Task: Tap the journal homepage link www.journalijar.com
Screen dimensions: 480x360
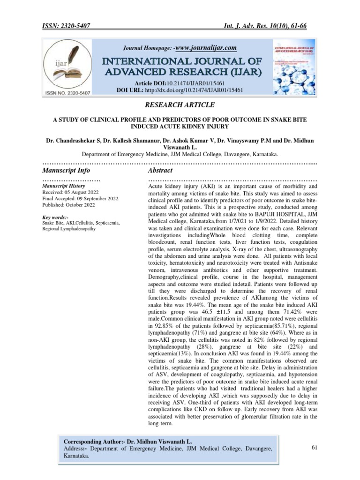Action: (205, 48)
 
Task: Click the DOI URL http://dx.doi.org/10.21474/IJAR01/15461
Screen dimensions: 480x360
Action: (200, 89)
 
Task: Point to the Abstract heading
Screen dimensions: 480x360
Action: (160, 170)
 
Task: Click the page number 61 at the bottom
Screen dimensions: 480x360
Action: (315, 448)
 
